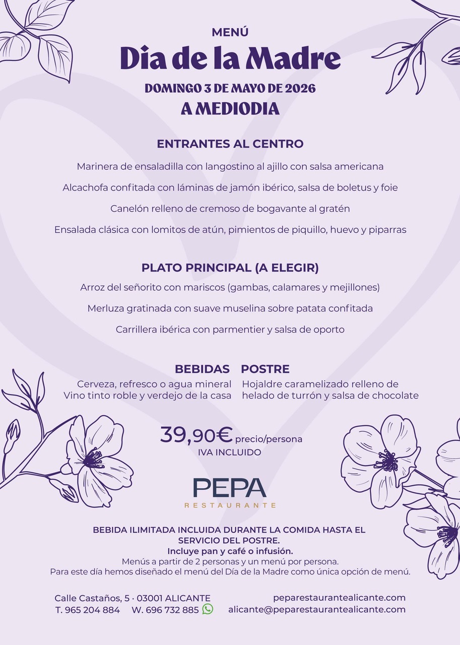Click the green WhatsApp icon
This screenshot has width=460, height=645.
coord(208,609)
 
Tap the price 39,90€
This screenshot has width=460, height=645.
coord(196,435)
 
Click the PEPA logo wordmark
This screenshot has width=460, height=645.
coord(230,487)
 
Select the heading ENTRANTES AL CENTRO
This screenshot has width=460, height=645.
coord(230,144)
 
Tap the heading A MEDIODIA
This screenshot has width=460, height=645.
coord(230,108)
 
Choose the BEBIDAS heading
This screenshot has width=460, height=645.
coord(202,369)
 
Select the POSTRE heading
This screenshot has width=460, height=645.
coord(265,369)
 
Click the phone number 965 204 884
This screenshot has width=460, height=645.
coord(93,610)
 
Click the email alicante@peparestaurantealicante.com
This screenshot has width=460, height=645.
coord(317,610)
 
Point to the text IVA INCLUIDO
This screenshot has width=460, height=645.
coord(230,453)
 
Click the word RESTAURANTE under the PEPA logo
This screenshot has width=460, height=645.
coord(230,505)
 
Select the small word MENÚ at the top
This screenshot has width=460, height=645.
coord(230,33)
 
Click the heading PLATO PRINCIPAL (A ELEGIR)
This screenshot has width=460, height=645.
coord(230,268)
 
